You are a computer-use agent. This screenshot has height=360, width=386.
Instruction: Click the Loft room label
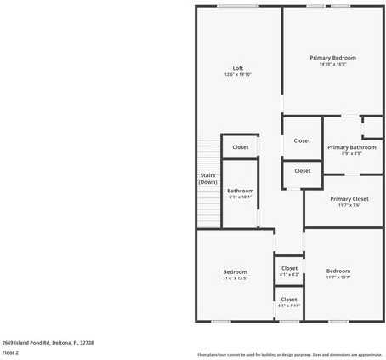(238, 68)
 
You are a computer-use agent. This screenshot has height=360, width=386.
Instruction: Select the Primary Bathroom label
(351, 146)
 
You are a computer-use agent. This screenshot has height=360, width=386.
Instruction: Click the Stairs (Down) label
(207, 179)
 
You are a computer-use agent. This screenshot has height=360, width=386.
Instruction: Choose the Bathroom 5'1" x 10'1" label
(240, 193)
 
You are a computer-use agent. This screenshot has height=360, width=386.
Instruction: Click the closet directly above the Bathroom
(241, 146)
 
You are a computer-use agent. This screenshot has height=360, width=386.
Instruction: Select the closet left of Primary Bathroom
(302, 140)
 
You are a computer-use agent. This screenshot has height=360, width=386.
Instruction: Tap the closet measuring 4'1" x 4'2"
(289, 271)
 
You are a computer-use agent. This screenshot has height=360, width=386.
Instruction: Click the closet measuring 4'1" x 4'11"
(289, 302)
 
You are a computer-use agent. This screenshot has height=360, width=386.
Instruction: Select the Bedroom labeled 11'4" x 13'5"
(235, 274)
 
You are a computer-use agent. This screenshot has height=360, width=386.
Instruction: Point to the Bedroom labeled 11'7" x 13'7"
(338, 274)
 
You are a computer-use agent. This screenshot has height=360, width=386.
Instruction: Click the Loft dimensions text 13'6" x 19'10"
(238, 75)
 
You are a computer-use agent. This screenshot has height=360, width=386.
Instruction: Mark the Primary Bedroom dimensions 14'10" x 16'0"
(332, 64)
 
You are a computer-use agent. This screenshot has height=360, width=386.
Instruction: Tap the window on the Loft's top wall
(237, 7)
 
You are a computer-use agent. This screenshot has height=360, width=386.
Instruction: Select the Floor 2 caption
(10, 351)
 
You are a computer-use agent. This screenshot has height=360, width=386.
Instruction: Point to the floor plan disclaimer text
(289, 354)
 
